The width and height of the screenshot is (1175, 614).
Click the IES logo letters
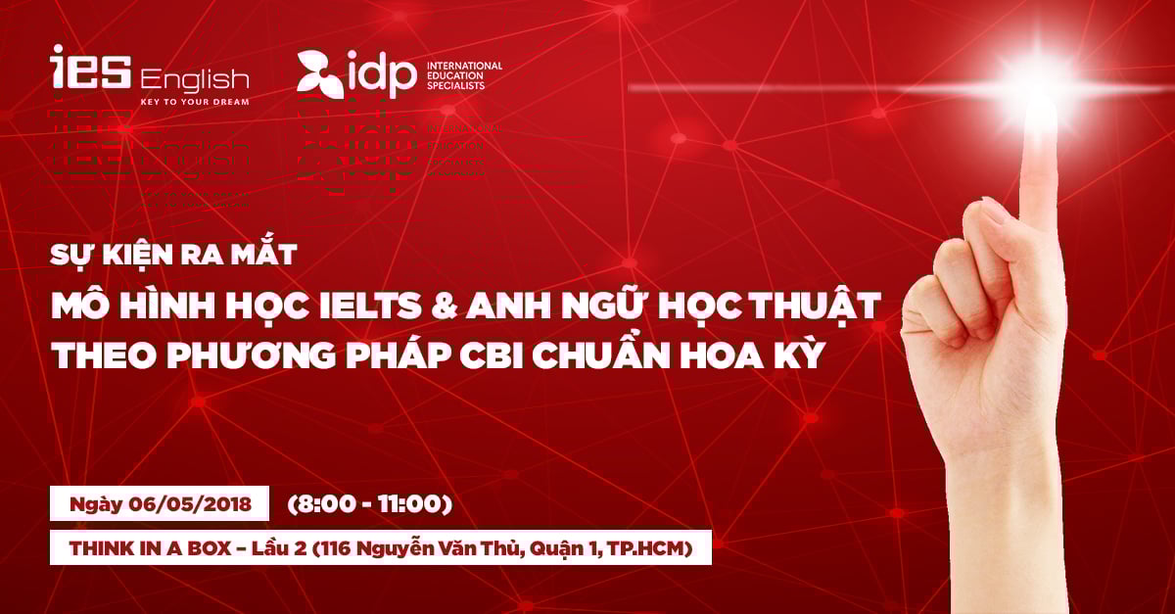(91, 67)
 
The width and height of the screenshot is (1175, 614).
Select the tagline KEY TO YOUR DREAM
(195, 102)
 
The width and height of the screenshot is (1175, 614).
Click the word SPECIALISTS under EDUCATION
(456, 85)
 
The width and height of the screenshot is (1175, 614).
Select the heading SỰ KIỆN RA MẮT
(173, 254)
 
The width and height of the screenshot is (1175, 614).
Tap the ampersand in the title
(445, 307)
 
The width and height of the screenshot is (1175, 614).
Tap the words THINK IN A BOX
(150, 549)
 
